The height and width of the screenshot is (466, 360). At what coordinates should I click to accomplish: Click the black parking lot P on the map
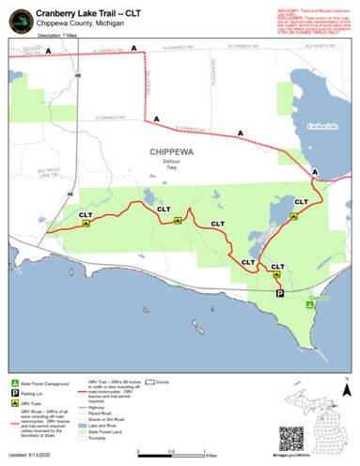pyautogui.click(x=280, y=294)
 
